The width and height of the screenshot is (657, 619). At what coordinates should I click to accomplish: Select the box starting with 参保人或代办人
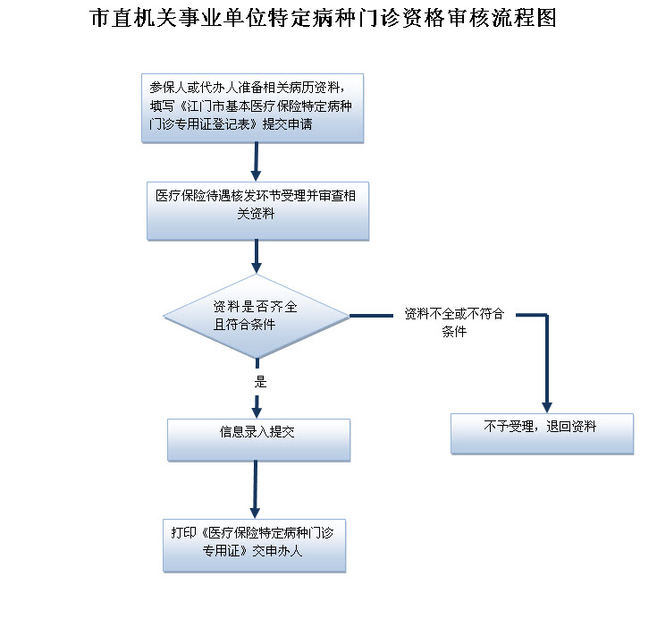point(253,106)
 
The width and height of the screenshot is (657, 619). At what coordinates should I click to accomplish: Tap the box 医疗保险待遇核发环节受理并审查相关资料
point(257,211)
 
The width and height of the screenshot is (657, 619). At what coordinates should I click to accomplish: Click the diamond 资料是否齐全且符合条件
point(256,315)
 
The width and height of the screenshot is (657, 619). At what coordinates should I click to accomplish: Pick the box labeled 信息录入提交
point(258,438)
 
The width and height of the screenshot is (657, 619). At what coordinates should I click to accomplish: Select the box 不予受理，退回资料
point(542,433)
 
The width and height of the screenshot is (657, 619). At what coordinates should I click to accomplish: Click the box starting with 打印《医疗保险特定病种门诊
point(254,544)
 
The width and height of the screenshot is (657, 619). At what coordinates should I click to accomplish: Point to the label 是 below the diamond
point(260,382)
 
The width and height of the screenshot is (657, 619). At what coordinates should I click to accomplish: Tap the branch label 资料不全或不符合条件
point(454,322)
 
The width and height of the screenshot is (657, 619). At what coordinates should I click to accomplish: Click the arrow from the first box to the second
point(257,161)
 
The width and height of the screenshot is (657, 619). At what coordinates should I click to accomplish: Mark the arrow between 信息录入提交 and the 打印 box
point(257,488)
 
